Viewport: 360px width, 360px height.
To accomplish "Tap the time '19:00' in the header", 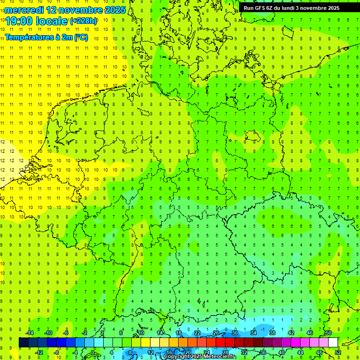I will click(19, 21).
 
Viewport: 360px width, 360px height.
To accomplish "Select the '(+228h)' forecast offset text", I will click(83, 21).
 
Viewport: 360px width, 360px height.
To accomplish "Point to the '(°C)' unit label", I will click(80, 37).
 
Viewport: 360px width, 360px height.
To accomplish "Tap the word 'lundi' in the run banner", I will click(296, 7).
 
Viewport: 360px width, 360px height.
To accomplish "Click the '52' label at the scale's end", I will click(338, 352).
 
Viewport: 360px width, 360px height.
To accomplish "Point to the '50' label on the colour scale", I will click(329, 333).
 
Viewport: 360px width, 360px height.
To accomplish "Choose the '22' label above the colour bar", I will click(197, 333).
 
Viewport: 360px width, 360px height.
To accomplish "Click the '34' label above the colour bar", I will click(254, 333).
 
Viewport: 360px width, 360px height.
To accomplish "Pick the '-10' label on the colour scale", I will click(48, 333).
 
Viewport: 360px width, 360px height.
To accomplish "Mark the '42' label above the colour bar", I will click(291, 333).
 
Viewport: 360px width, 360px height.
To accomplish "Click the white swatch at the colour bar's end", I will click(333, 342).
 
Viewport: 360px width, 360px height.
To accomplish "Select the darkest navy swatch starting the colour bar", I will click(23, 342).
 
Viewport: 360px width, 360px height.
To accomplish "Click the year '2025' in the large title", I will click(112, 10).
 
